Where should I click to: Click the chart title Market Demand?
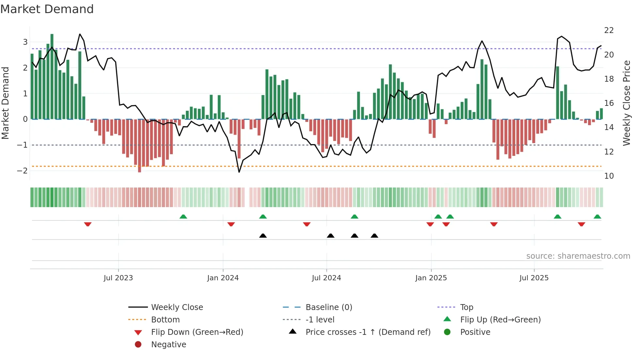tap(47, 9)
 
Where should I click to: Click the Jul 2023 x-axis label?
tap(118, 278)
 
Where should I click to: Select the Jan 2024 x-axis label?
tap(223, 278)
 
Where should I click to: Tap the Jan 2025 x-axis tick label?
tap(431, 278)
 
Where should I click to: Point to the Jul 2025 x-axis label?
tap(534, 278)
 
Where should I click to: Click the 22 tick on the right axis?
tap(609, 30)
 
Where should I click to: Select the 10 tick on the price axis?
tap(609, 176)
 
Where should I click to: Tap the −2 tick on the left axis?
tap(22, 171)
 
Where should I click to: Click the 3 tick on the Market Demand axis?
tap(25, 42)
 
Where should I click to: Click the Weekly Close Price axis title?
tap(626, 103)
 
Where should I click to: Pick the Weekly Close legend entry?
tap(177, 307)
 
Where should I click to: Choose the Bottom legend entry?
tap(165, 320)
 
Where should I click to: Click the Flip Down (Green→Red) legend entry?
tap(197, 332)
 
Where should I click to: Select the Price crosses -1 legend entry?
tap(368, 332)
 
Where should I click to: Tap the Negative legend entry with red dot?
tap(168, 345)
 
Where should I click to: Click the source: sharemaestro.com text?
tap(578, 256)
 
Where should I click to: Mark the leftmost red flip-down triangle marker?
tap(88, 224)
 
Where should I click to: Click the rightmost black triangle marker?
tap(375, 236)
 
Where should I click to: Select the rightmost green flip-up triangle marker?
tap(597, 217)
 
